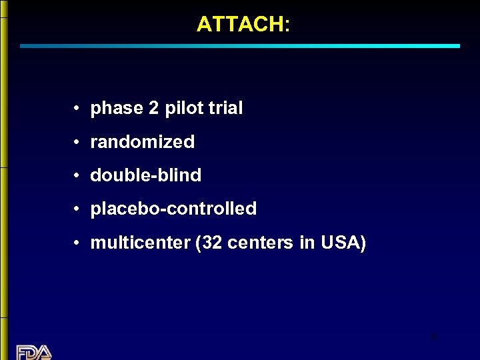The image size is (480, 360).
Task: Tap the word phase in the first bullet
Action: [x=117, y=109]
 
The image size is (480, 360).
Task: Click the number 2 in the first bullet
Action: [x=154, y=108]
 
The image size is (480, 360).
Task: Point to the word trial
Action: [x=225, y=108]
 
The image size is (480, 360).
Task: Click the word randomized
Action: [x=142, y=141]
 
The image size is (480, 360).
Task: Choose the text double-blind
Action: [x=145, y=175]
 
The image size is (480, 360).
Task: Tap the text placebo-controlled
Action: [x=173, y=209]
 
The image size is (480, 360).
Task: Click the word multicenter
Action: [x=140, y=242]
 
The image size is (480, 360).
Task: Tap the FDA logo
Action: [x=34, y=351]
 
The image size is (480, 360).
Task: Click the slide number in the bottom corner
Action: [x=434, y=337]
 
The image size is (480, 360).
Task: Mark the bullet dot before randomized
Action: [x=78, y=142]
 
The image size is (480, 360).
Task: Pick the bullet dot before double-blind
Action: [x=78, y=175]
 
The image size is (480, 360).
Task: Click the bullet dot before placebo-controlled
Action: [x=78, y=209]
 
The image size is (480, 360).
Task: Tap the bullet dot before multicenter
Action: [x=78, y=243]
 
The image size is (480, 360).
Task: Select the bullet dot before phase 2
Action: [x=78, y=109]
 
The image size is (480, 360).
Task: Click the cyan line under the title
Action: [x=240, y=46]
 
